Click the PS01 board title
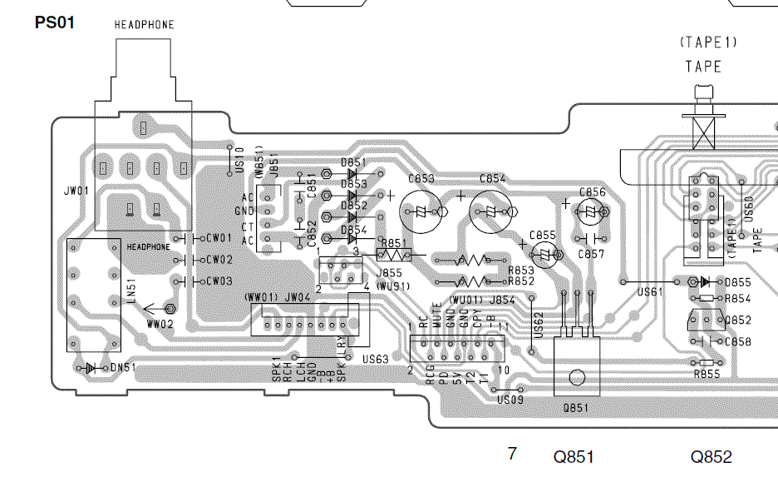[x=55, y=22]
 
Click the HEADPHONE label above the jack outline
[x=144, y=25]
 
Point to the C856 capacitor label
[x=593, y=192]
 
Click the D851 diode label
[x=353, y=163]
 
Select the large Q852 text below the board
[x=711, y=456]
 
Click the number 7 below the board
[x=512, y=454]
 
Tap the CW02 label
[x=219, y=260]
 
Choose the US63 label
[x=376, y=359]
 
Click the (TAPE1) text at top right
[x=708, y=42]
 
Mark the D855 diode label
[x=737, y=283]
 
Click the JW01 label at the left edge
[x=76, y=191]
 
